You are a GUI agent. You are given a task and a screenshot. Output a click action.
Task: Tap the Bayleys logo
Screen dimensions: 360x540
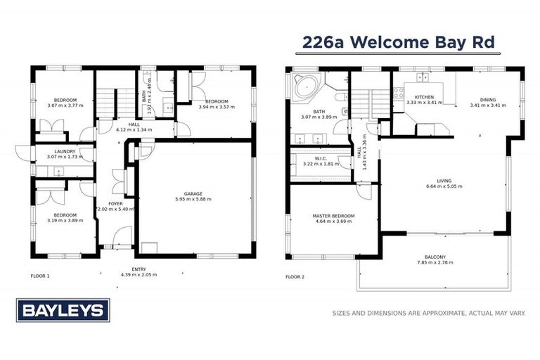pos(63,310)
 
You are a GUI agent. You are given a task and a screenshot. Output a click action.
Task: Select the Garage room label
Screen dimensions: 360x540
pos(193,193)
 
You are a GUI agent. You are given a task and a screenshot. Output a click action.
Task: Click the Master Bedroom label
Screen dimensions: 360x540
pos(333,216)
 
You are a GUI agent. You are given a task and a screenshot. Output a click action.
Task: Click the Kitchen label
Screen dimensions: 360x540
pos(424,97)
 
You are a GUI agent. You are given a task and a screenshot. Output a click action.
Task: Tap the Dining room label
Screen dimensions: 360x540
pos(487,100)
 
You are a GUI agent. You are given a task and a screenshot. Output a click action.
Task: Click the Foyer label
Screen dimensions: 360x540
pos(115,203)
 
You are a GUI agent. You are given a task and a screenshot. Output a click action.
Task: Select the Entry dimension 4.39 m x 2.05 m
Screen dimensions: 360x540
pos(139,274)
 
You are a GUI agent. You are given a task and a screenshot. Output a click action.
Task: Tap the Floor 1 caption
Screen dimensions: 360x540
pos(40,276)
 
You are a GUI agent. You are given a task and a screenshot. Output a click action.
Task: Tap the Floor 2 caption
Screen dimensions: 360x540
pos(295,276)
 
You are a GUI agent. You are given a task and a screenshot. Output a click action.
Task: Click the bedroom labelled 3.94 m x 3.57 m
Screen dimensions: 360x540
pos(217,101)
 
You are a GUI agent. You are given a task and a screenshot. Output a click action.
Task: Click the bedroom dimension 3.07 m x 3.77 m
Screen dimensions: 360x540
pos(65,105)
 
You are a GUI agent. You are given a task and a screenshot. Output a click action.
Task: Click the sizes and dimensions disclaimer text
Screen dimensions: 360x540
pos(428,314)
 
